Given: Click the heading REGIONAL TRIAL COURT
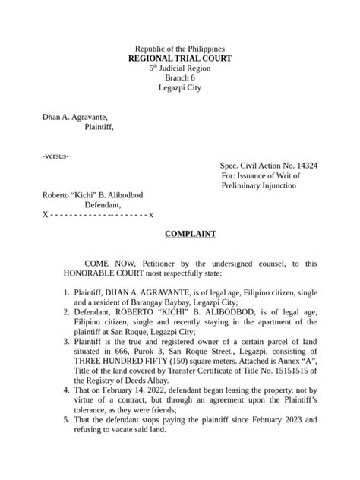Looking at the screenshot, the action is pos(179,58).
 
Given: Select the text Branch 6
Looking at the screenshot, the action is pos(179,78).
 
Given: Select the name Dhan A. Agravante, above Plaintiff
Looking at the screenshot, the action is pos(74,117).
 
